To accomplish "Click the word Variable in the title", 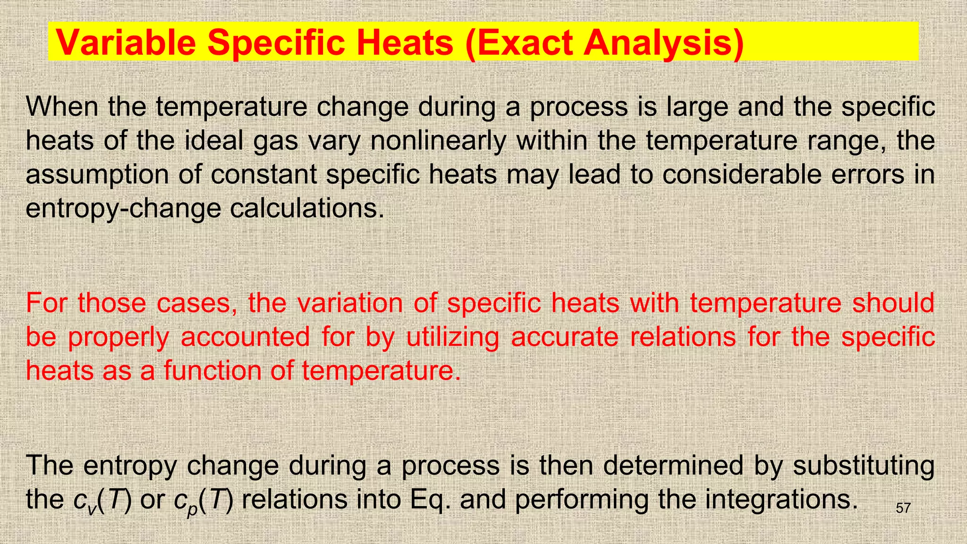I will pyautogui.click(x=126, y=42).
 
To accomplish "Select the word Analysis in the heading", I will pyautogui.click(x=663, y=42).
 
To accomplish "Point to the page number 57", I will pyautogui.click(x=903, y=508).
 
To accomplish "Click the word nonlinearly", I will pyautogui.click(x=438, y=141).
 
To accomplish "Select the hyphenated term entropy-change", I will pyautogui.click(x=123, y=209).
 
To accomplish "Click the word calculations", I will pyautogui.click(x=307, y=209).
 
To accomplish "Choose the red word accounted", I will pyautogui.click(x=245, y=337).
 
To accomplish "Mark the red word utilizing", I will pyautogui.click(x=453, y=337).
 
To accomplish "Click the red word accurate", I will pyautogui.click(x=565, y=337).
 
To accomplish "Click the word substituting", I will pyautogui.click(x=864, y=466).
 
